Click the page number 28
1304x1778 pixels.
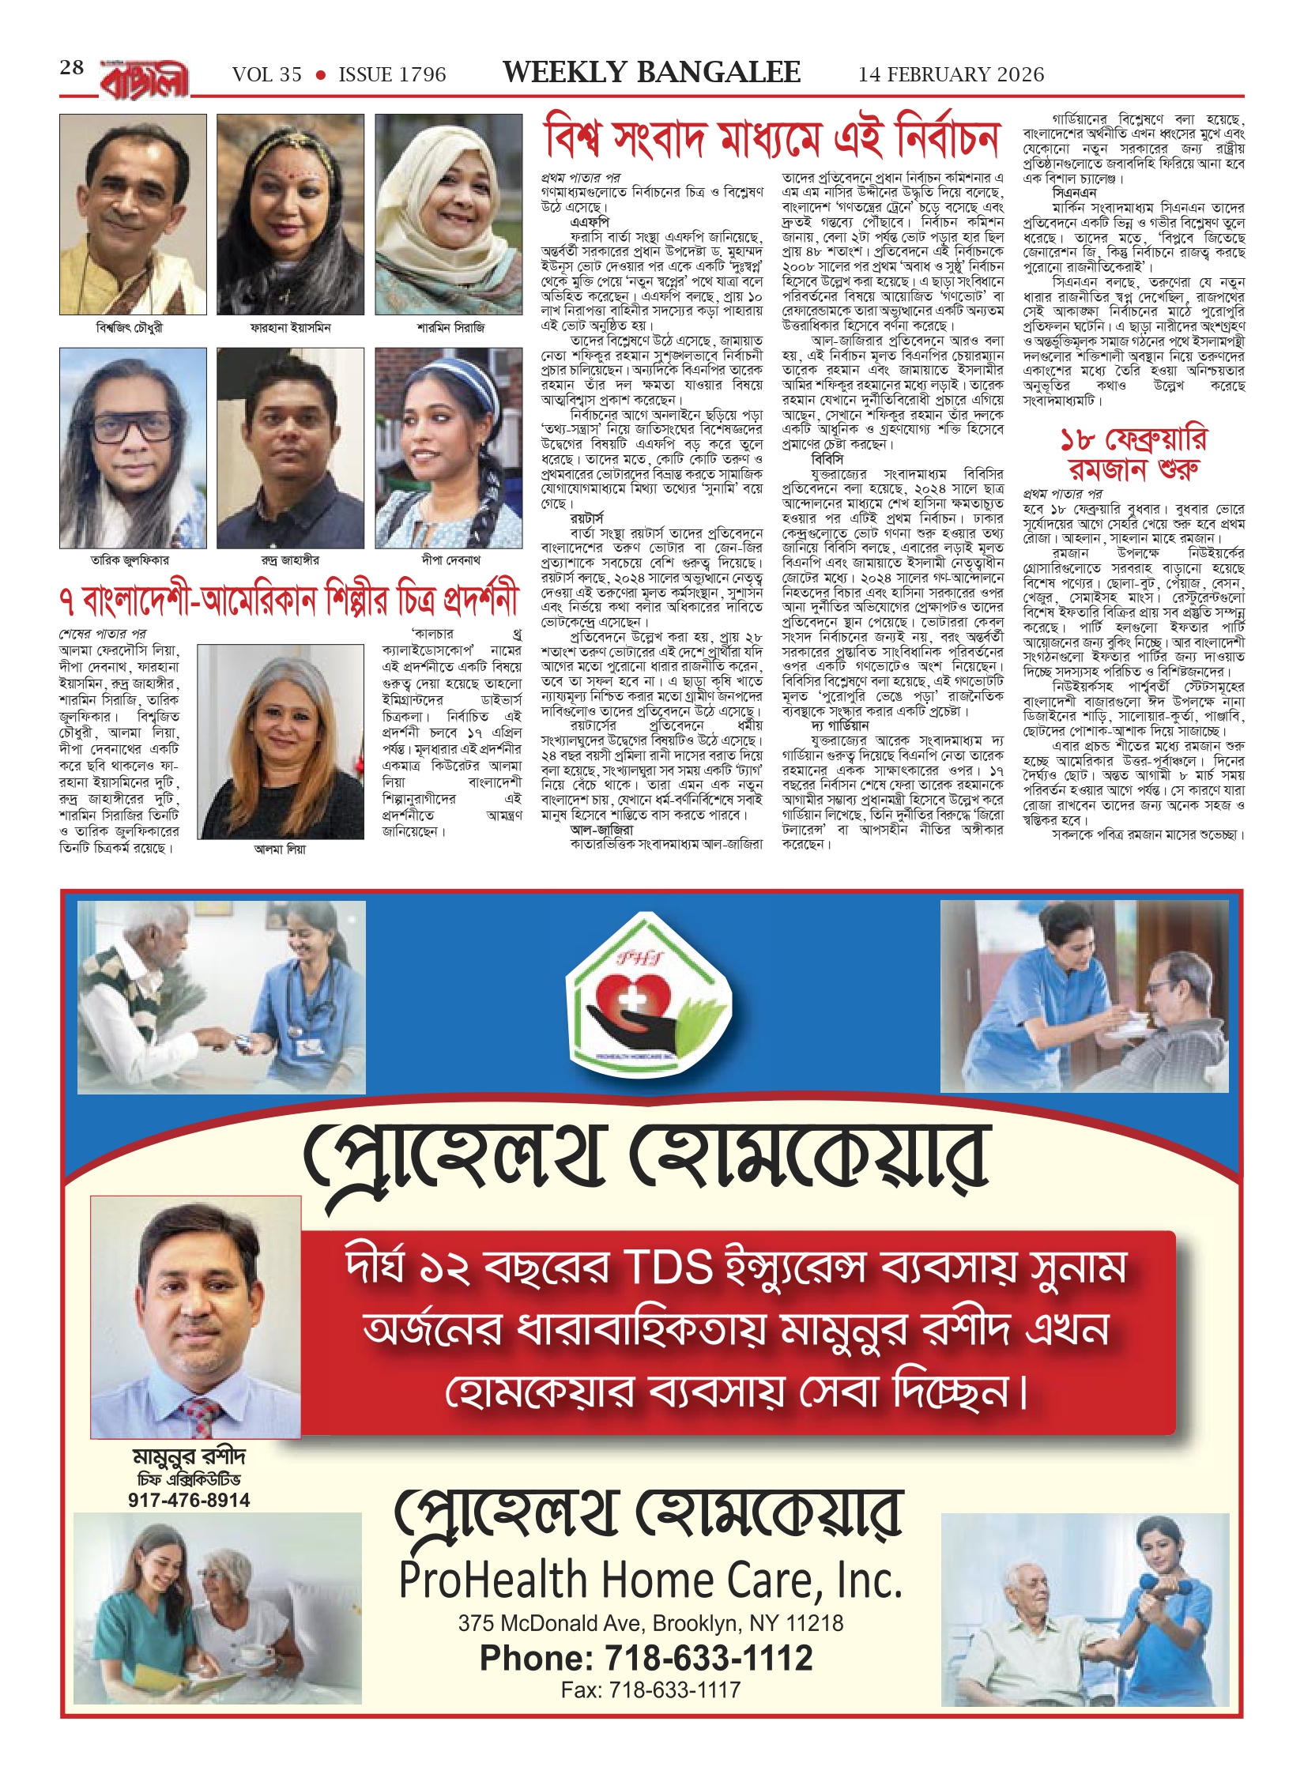pyautogui.click(x=72, y=68)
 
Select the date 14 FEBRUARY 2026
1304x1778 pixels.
pyautogui.click(x=951, y=75)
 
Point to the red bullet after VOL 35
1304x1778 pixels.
pyautogui.click(x=320, y=76)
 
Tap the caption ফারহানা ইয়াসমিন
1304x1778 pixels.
pyautogui.click(x=290, y=327)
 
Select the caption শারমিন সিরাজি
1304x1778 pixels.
pyautogui.click(x=450, y=327)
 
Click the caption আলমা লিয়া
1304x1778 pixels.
pyautogui.click(x=280, y=849)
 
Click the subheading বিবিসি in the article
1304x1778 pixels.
pyautogui.click(x=827, y=459)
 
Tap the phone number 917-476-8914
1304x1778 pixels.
pyautogui.click(x=189, y=1500)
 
